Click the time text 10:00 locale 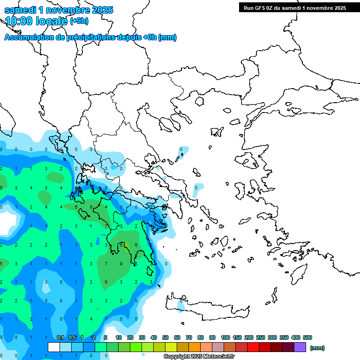(x=36, y=21)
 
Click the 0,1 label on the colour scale (x=60, y=337)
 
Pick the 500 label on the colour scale (x=307, y=337)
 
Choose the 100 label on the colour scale (x=225, y=337)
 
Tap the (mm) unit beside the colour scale (x=317, y=348)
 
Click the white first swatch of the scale (x=54, y=347)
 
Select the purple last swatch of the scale (x=300, y=347)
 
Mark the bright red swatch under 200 (x=253, y=347)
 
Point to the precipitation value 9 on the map (x=121, y=245)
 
